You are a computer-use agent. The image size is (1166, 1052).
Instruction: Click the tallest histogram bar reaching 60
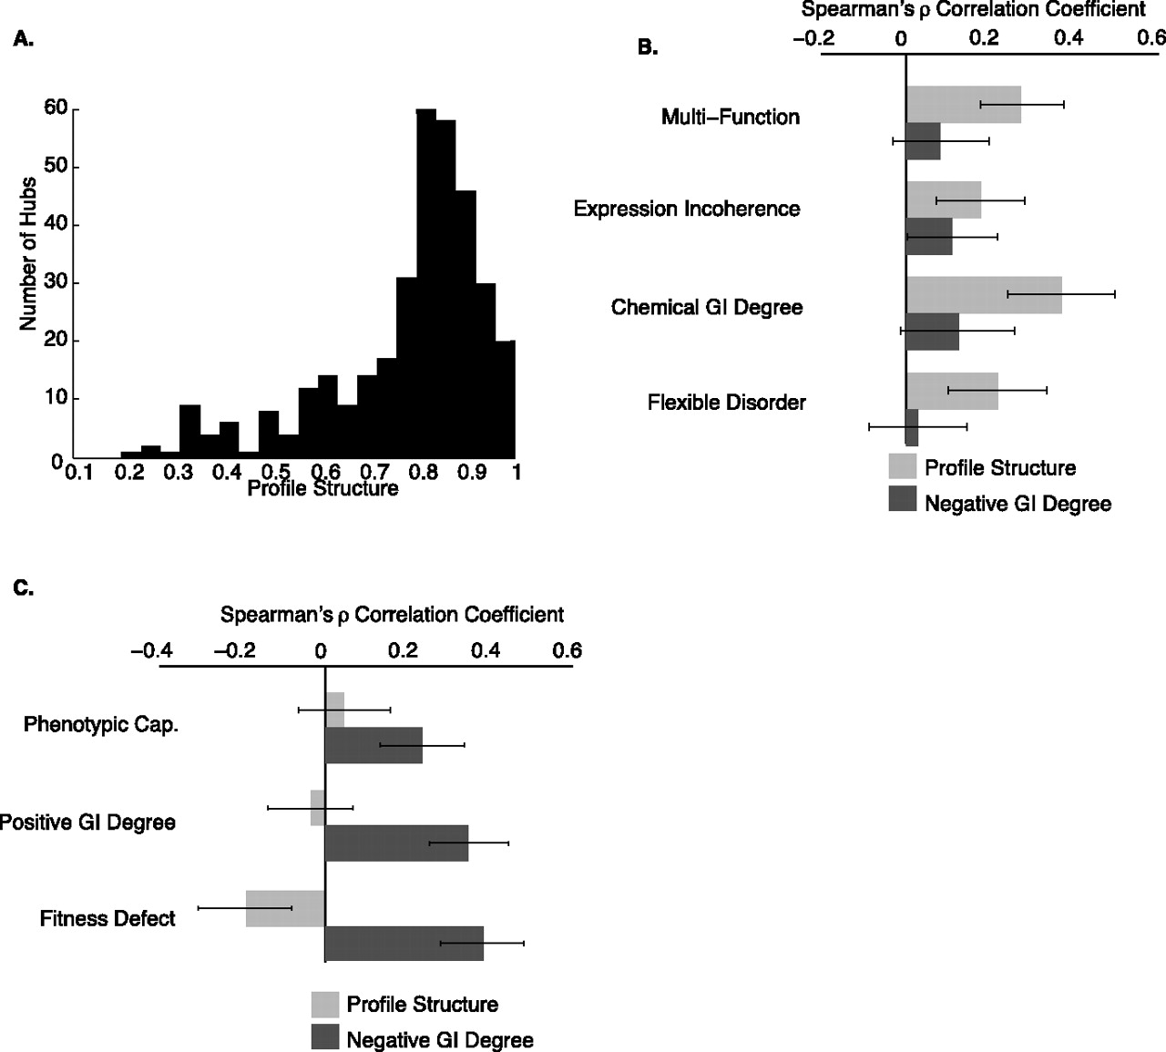click(426, 283)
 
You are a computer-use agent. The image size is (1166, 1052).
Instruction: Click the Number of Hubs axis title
click(28, 254)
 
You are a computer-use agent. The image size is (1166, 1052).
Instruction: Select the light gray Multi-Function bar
click(964, 105)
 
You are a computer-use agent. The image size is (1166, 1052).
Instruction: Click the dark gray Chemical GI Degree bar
click(933, 332)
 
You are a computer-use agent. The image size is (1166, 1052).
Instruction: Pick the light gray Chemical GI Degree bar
click(984, 295)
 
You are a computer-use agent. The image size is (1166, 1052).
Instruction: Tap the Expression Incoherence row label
click(687, 209)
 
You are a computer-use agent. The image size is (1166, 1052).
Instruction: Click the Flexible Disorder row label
click(727, 403)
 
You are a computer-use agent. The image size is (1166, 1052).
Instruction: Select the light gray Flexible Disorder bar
click(952, 391)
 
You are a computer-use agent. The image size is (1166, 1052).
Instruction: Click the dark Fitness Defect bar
click(404, 944)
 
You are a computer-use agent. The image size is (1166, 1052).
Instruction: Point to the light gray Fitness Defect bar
click(285, 908)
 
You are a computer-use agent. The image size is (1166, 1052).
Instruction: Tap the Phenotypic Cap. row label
click(100, 725)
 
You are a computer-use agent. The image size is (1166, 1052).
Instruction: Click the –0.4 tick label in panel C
click(152, 650)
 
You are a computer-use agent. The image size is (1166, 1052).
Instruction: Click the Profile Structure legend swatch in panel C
click(325, 1005)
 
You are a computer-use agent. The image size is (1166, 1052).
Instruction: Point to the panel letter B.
click(648, 47)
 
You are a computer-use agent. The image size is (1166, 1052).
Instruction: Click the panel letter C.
click(24, 588)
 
